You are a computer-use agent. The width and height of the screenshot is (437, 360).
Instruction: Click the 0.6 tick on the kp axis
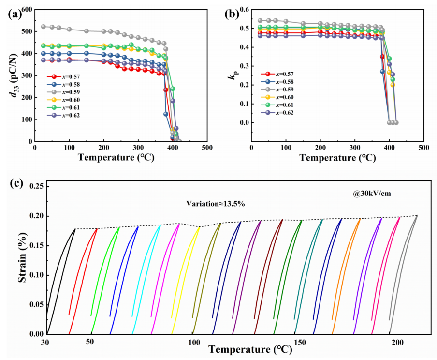click(243, 10)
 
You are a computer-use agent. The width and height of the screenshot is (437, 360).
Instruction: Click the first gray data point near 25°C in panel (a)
click(44, 27)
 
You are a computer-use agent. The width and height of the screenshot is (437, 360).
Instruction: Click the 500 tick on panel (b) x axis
click(423, 147)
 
